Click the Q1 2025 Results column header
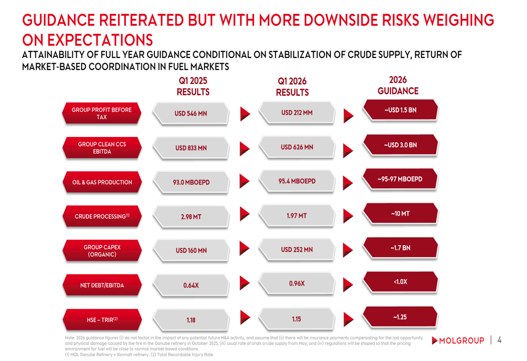pos(193,86)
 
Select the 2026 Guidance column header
pos(398,85)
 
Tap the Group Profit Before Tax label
pos(102,113)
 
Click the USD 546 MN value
pos(191,114)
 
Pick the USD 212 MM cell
pos(297,113)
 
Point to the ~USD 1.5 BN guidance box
pos(401,110)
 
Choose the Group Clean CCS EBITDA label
pos(102,148)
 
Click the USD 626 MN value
pos(297,147)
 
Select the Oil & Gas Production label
pos(102,182)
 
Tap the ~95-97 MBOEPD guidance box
pos(400,179)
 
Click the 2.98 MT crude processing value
pos(191,217)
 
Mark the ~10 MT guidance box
pos(401,213)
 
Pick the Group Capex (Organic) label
pos(102,251)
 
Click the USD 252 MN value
pos(297,250)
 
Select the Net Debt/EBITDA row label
pos(102,285)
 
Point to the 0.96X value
pos(297,284)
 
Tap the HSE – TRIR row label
pos(102,320)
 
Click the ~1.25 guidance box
pos(400,317)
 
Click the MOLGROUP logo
pos(458,340)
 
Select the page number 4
pos(500,340)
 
